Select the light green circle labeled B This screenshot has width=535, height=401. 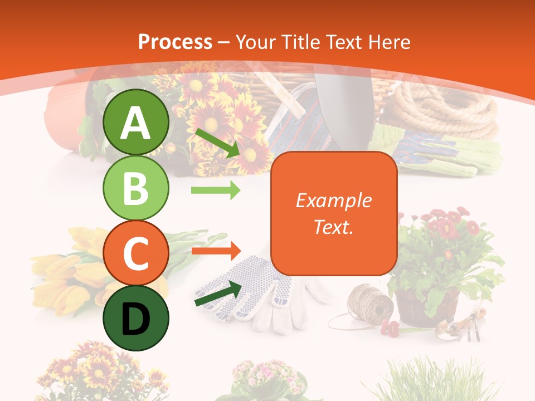136,188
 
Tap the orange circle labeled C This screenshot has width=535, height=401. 136,253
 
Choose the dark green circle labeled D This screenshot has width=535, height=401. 136,318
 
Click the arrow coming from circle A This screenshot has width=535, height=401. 217,142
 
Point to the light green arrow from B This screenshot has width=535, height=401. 216,190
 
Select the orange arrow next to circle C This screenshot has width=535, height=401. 216,251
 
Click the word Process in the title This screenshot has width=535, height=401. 175,42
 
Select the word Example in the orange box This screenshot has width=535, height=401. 333,200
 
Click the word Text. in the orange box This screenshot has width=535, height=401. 333,227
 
